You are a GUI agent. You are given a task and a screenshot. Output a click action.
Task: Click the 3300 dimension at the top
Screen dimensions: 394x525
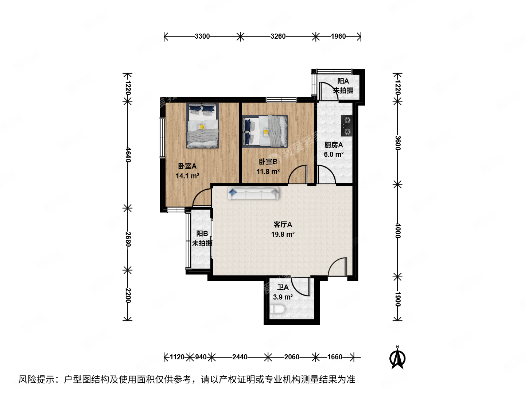(202, 36)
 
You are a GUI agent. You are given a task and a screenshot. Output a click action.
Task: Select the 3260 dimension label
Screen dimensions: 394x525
(278, 36)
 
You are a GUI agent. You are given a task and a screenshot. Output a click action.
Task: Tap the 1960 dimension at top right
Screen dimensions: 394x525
(338, 36)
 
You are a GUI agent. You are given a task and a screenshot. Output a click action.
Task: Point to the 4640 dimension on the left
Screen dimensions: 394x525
(128, 155)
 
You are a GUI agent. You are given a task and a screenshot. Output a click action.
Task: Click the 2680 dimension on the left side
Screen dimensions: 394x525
(128, 239)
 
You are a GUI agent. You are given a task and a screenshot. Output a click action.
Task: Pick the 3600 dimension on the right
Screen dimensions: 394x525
(397, 143)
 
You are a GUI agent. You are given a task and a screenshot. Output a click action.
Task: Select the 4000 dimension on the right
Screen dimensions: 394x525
(397, 231)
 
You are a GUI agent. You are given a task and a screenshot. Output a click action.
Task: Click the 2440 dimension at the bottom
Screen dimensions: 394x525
(240, 357)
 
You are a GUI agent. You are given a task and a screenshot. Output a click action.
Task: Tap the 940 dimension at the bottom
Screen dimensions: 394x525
(201, 357)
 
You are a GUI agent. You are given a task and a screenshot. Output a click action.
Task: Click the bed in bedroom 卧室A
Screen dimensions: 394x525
(203, 125)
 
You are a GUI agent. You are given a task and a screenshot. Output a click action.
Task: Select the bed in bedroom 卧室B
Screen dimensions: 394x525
(265, 131)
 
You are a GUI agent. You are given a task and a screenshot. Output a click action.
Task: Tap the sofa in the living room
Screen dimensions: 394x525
(253, 193)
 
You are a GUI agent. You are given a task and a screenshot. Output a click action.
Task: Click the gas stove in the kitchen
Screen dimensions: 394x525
(347, 125)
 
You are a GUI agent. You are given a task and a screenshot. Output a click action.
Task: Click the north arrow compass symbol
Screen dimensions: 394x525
(397, 358)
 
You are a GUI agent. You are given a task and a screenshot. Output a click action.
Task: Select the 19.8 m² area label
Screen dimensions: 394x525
(283, 234)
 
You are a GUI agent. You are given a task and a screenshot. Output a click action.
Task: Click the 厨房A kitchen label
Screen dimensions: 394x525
(334, 145)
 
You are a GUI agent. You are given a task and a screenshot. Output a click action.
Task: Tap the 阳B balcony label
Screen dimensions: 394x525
(202, 233)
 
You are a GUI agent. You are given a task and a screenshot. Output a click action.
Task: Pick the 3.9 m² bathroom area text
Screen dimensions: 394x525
(283, 297)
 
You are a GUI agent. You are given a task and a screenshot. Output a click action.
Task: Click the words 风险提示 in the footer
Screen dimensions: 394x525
(36, 379)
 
